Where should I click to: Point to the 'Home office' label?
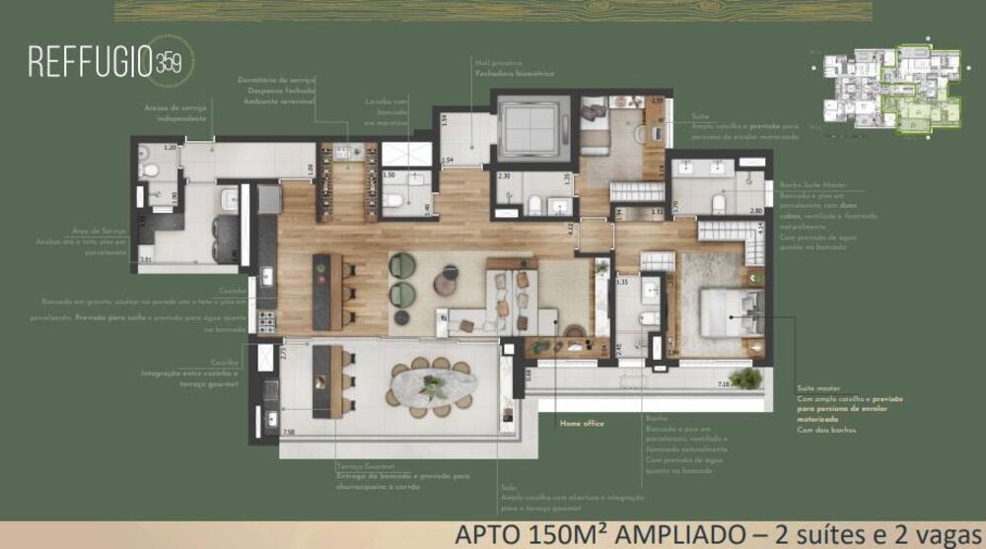(582, 423)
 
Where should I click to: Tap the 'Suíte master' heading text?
(818, 388)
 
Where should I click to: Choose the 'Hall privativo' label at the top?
(499, 63)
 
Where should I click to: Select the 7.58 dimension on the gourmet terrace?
(288, 432)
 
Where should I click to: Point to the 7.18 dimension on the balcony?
(723, 383)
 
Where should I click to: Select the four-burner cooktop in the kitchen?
(265, 320)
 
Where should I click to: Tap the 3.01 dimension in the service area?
(146, 259)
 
